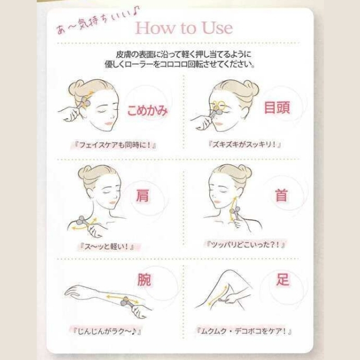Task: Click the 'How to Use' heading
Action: (184, 28)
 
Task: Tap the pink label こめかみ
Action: (147, 110)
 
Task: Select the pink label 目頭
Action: (277, 107)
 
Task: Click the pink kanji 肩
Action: (142, 195)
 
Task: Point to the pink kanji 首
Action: (281, 195)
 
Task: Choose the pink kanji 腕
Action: (144, 280)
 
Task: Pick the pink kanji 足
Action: (282, 279)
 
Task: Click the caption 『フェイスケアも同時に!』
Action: (114, 145)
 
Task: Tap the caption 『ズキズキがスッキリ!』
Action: (245, 145)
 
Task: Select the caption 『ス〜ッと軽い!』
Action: (106, 246)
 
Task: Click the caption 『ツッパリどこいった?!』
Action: (245, 244)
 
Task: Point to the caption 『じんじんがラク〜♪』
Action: (106, 331)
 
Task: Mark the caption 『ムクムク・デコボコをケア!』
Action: (244, 331)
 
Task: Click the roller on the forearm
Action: (127, 301)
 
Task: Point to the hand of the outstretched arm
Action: (73, 291)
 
